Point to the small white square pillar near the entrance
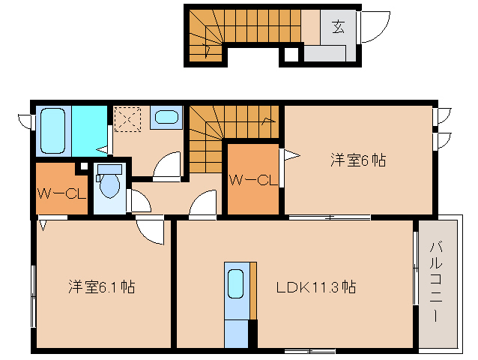click(x=290, y=54)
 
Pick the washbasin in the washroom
click(x=167, y=117)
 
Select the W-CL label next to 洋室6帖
click(x=254, y=180)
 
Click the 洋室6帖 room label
click(x=358, y=160)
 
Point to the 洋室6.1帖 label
click(x=102, y=286)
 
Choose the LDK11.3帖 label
click(x=315, y=286)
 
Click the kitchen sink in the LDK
click(x=235, y=284)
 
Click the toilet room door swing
click(x=139, y=200)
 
